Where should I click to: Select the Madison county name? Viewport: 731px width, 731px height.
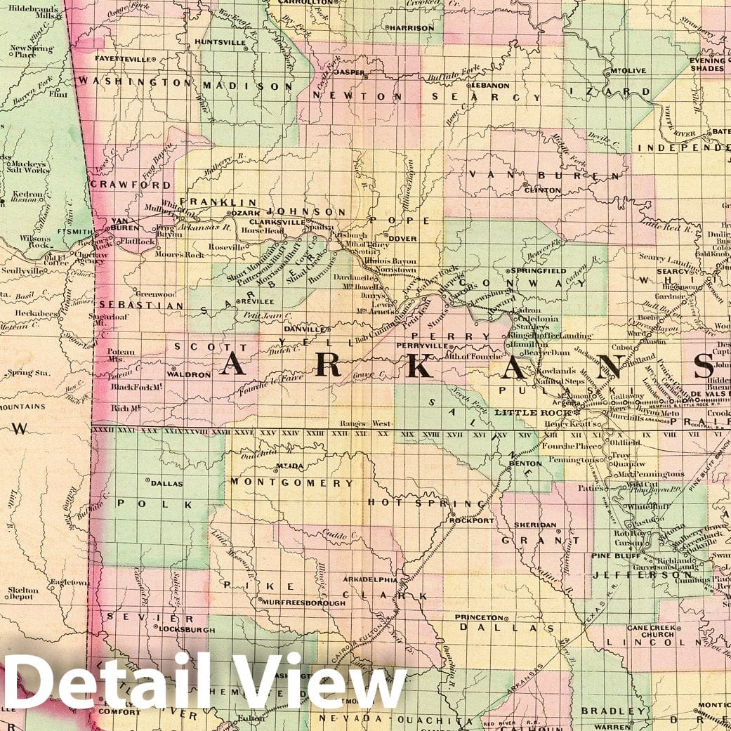pos(247,85)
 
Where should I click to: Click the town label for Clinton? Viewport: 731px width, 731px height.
pos(544,190)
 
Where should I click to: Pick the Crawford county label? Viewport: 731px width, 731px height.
pos(131,185)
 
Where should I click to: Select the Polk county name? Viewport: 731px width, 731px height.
pos(154,504)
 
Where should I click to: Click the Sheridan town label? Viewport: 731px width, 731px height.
pos(535,525)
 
